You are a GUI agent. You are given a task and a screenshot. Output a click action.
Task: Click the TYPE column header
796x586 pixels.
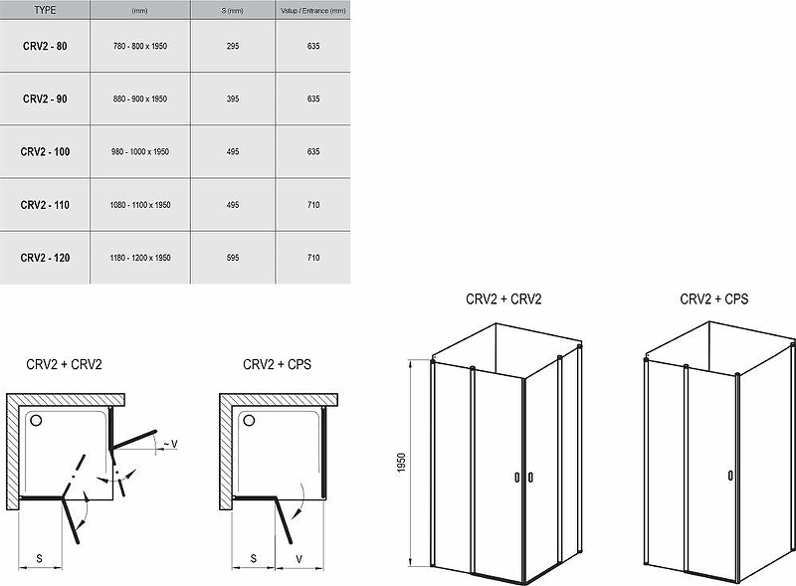point(45,10)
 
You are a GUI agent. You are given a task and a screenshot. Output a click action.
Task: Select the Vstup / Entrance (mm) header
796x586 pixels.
point(313,11)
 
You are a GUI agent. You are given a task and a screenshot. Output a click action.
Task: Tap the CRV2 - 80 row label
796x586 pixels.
point(45,46)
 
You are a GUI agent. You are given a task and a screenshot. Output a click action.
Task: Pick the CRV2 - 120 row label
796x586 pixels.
point(45,258)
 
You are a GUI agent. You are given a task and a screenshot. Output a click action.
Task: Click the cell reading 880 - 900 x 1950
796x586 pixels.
point(140,99)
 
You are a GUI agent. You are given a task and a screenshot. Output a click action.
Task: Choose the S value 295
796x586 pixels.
point(233,46)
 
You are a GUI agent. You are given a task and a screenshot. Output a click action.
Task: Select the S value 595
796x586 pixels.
point(233,258)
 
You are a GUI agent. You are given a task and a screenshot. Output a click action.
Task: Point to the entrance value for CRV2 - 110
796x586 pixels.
point(313,205)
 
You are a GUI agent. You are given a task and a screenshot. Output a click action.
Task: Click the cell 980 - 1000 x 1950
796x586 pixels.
point(140,152)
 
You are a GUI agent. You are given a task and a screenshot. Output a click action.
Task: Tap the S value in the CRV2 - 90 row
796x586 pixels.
point(233,99)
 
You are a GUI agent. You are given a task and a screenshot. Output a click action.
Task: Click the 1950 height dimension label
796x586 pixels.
point(402,463)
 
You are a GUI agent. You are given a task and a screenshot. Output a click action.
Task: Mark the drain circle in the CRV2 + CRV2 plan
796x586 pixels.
point(37,420)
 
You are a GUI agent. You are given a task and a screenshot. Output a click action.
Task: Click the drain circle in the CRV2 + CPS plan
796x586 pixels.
point(249,420)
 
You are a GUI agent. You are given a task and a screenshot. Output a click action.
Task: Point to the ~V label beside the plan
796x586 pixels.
point(170,445)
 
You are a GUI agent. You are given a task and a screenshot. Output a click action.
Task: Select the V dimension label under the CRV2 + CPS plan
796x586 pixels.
point(299,559)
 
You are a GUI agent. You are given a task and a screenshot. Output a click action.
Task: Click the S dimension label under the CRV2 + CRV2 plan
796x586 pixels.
point(40,559)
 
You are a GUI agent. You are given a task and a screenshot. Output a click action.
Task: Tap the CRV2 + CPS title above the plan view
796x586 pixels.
point(278,364)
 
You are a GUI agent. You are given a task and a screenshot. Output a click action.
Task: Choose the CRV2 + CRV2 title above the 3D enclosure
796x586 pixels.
point(503,299)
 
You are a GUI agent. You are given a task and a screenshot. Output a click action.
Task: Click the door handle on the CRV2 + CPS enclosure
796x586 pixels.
point(730,476)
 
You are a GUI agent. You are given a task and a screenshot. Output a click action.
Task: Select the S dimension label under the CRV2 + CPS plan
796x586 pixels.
point(254,559)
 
